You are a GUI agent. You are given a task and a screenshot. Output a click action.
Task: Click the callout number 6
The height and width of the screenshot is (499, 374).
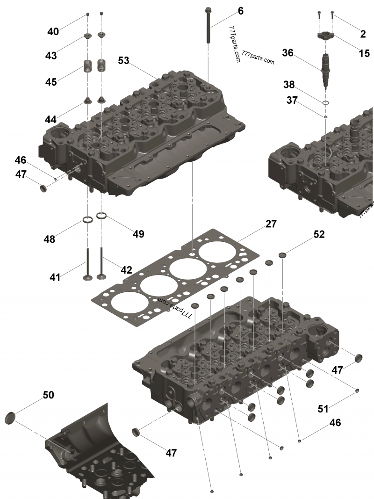tap(240, 11)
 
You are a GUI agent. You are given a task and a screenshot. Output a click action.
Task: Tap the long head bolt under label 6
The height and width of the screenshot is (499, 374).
tap(208, 28)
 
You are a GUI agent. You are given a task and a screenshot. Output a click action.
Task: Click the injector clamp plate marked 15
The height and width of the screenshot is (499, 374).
tap(326, 36)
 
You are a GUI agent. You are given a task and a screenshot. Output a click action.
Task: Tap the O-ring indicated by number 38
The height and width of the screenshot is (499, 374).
tap(326, 102)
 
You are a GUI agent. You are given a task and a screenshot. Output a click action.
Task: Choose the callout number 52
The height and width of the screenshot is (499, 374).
tap(319, 234)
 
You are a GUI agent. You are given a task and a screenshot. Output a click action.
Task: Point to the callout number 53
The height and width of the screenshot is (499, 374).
tap(123, 60)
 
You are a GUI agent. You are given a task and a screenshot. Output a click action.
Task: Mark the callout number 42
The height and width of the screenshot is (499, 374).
tap(126, 270)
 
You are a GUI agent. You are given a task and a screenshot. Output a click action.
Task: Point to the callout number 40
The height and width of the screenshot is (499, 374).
tap(53, 32)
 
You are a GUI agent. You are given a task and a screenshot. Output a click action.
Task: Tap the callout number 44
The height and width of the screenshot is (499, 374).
tap(50, 119)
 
